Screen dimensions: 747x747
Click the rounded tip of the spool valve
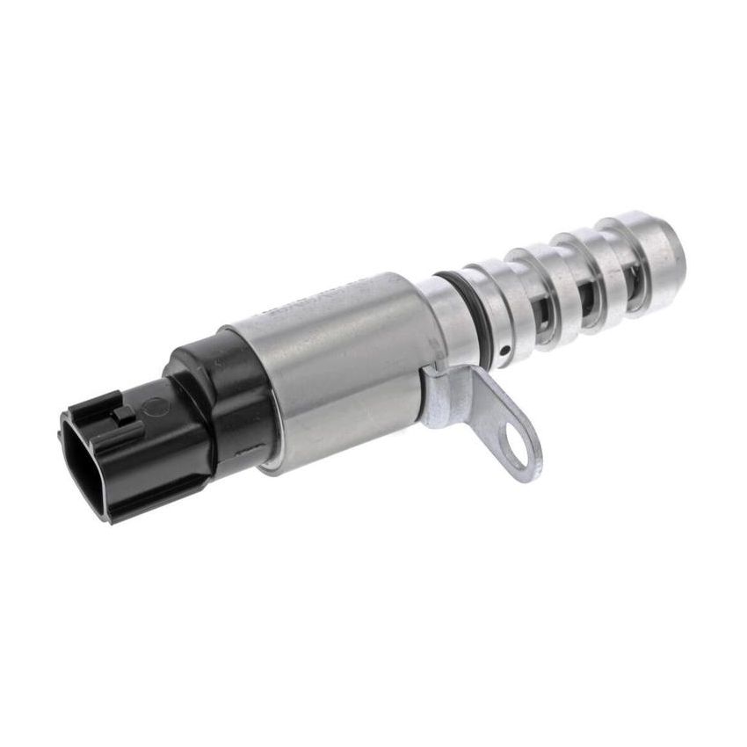pyautogui.click(x=662, y=241)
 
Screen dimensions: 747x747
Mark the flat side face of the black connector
pyautogui.click(x=167, y=457)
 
